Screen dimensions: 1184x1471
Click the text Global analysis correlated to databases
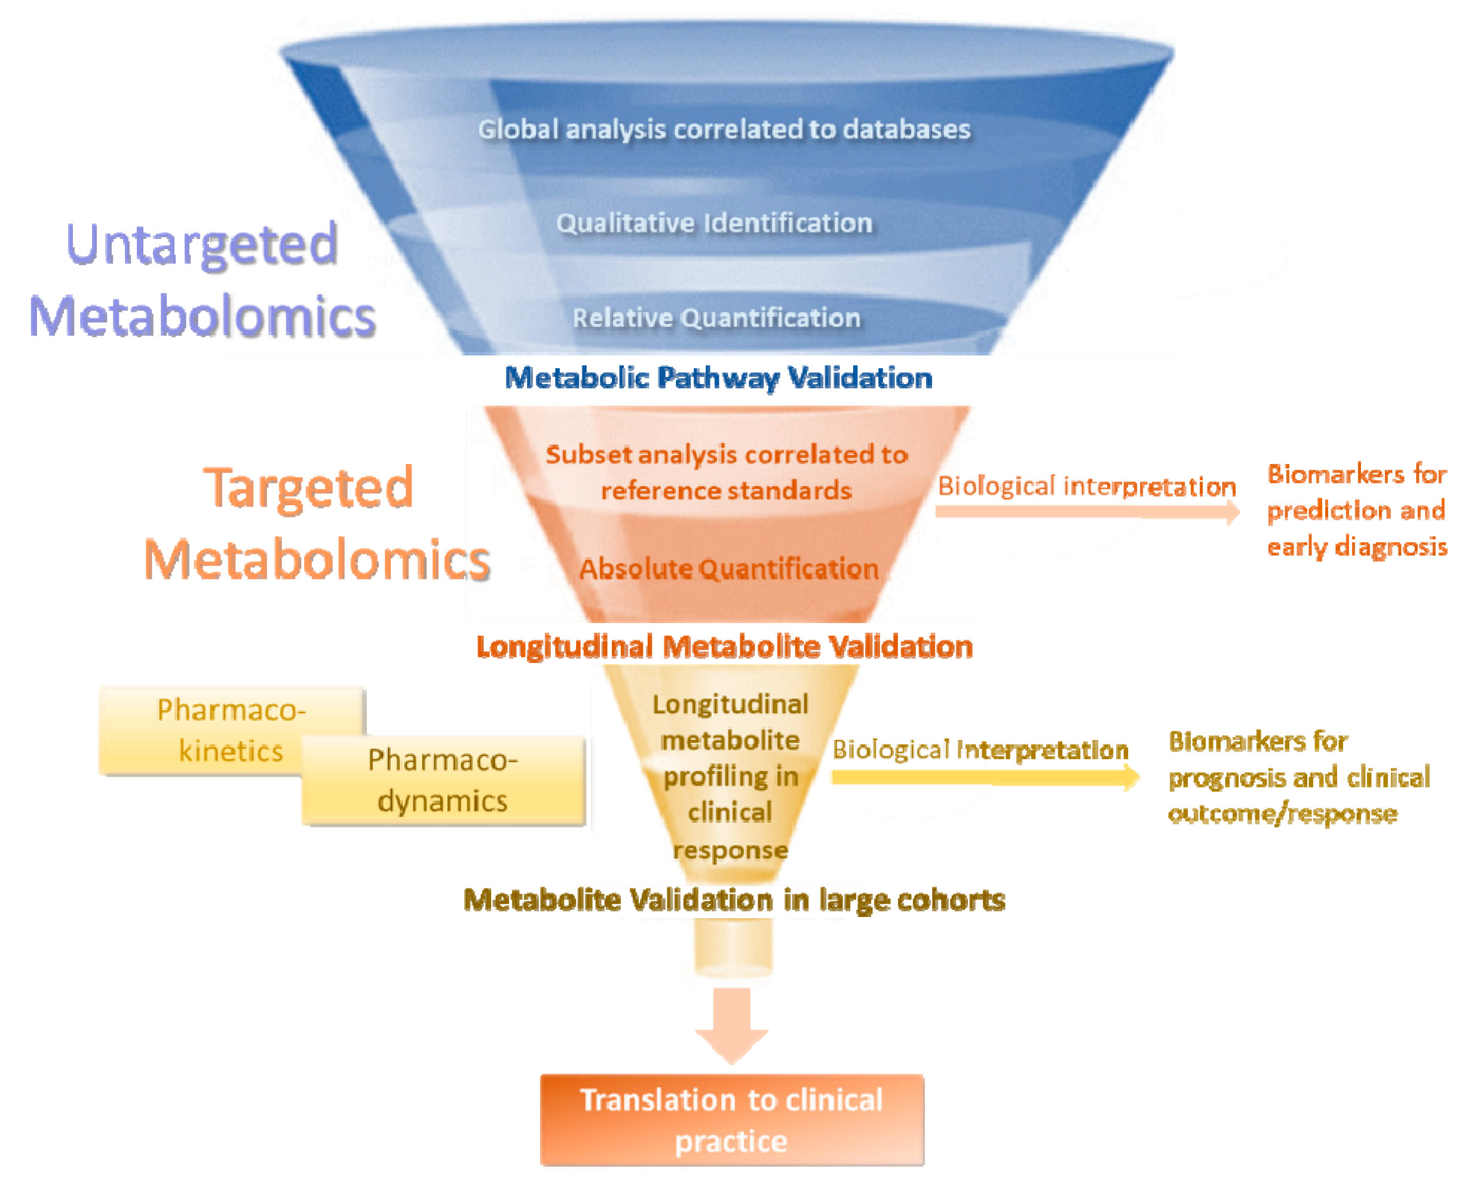(x=724, y=130)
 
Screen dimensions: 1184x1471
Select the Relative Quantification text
(x=716, y=318)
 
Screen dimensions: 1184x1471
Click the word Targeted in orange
(x=308, y=488)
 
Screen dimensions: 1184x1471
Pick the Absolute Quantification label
(x=729, y=569)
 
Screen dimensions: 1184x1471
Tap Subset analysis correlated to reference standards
(x=727, y=473)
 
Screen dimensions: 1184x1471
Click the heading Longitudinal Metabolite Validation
(x=725, y=646)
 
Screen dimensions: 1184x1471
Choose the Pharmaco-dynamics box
(x=443, y=781)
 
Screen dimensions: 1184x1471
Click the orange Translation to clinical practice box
(x=731, y=1120)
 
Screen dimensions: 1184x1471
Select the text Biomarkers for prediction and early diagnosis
(x=1356, y=511)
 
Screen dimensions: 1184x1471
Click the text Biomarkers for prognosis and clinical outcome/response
(x=1298, y=778)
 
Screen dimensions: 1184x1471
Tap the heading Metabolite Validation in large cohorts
(x=734, y=900)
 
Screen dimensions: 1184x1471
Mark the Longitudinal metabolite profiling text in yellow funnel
(x=730, y=776)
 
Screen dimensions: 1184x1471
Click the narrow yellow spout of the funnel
(x=733, y=948)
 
